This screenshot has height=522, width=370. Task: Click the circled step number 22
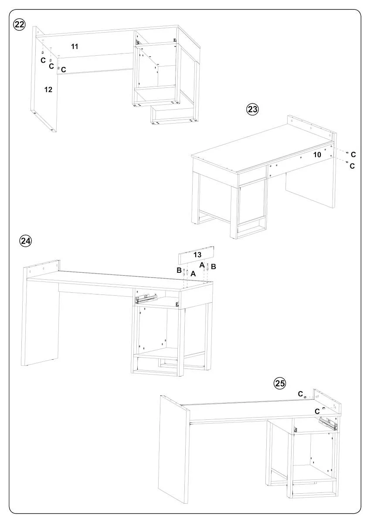pyautogui.click(x=19, y=24)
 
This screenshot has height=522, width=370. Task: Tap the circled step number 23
pyautogui.click(x=253, y=109)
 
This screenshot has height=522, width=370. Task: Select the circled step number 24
pyautogui.click(x=26, y=241)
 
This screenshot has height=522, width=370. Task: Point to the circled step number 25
pyautogui.click(x=280, y=383)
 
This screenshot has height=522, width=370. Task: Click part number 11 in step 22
pyautogui.click(x=75, y=46)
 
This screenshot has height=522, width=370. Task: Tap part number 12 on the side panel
pyautogui.click(x=48, y=89)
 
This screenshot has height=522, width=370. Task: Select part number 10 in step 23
pyautogui.click(x=317, y=154)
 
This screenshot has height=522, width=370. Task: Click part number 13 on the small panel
pyautogui.click(x=197, y=255)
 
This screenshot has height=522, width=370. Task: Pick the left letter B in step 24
pyautogui.click(x=179, y=270)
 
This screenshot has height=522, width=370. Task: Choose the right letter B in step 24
pyautogui.click(x=214, y=266)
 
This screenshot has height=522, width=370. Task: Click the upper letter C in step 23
pyautogui.click(x=353, y=154)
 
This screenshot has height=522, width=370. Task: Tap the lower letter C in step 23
pyautogui.click(x=353, y=166)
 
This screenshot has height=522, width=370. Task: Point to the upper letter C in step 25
pyautogui.click(x=300, y=394)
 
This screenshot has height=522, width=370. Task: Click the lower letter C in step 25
pyautogui.click(x=317, y=411)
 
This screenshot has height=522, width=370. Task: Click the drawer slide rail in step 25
pyautogui.click(x=327, y=422)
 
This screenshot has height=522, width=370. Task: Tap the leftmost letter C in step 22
pyautogui.click(x=43, y=60)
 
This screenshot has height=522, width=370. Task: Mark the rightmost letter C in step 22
pyautogui.click(x=64, y=70)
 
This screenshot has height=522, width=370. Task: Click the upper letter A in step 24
pyautogui.click(x=202, y=265)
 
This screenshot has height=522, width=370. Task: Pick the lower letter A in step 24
pyautogui.click(x=193, y=274)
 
